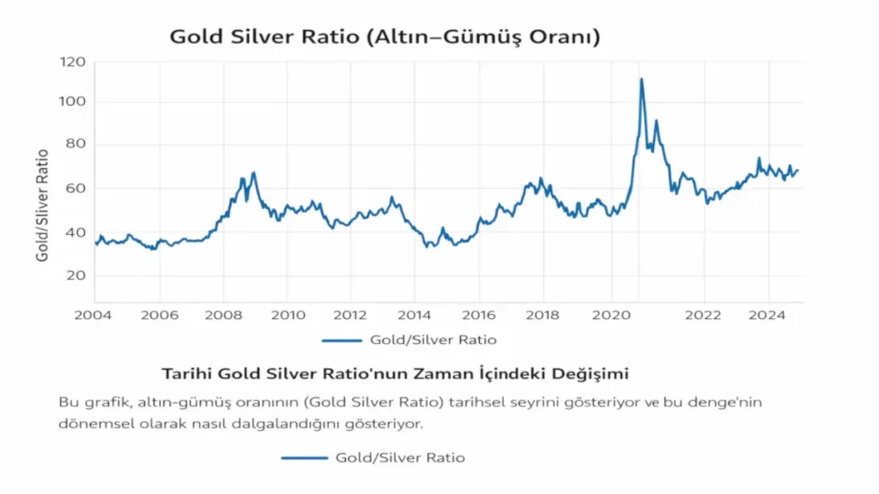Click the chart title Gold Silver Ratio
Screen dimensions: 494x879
(385, 37)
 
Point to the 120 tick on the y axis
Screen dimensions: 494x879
(73, 62)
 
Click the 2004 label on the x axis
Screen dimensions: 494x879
(94, 315)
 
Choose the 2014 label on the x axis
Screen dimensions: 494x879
(415, 315)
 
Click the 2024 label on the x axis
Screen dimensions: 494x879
(768, 315)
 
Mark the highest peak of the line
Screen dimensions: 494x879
(641, 80)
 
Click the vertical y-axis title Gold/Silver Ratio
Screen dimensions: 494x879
(42, 205)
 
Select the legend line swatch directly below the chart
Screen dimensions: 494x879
(343, 340)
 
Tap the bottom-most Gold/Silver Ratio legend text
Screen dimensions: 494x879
(400, 458)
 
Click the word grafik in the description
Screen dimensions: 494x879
(103, 401)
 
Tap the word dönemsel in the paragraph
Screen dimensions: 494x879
(93, 424)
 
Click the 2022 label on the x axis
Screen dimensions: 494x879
(704, 315)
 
